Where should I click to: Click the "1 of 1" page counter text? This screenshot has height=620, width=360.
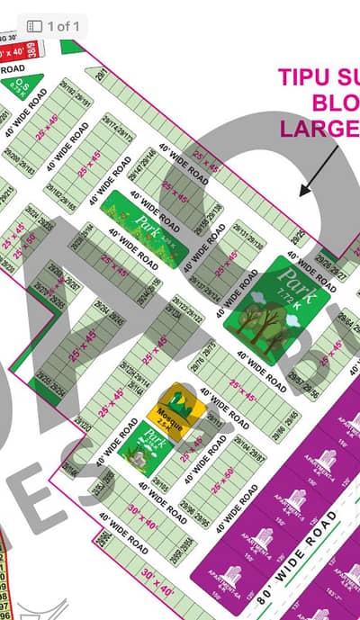[61, 26]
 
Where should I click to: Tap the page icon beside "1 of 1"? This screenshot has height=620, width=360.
[34, 26]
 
